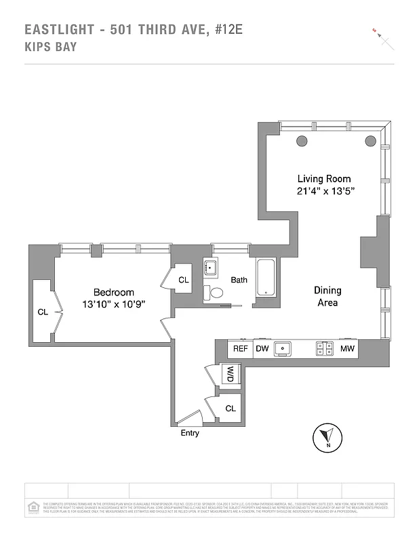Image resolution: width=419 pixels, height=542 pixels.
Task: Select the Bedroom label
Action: coord(113,293)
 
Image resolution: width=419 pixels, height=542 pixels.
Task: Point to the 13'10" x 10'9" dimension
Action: coord(113,305)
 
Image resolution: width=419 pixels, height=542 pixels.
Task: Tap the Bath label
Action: coord(239,279)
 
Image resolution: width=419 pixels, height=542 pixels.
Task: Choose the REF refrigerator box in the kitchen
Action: coord(240,349)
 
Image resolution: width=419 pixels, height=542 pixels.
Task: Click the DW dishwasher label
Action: coord(262,349)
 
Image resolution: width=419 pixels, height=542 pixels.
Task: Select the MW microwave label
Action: coord(347,349)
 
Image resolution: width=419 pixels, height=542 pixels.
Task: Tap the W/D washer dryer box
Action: coord(230,373)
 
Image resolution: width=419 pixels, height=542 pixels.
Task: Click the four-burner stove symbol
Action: coord(325,349)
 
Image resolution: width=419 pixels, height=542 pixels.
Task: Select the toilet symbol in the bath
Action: coord(216,293)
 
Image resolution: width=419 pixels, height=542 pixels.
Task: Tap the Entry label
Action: coord(190,433)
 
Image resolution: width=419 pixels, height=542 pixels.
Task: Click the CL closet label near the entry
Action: coord(230,409)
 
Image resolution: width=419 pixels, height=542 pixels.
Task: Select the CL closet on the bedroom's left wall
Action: coord(43,312)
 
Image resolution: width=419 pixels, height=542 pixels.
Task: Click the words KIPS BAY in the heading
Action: coord(51,47)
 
